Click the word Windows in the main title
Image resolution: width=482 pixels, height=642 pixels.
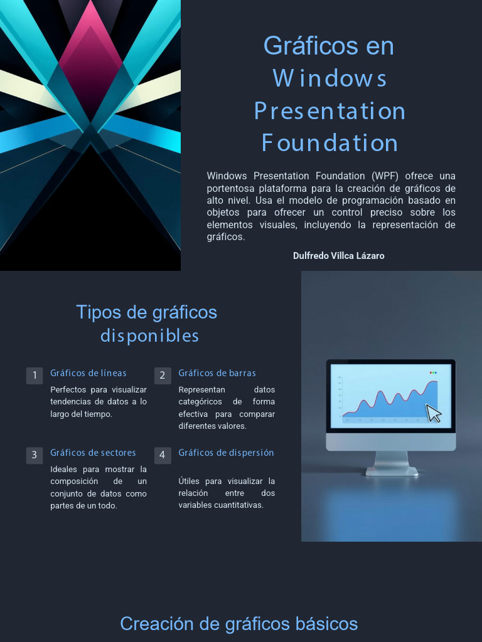tap(329, 78)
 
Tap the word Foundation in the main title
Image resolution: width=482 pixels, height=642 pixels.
tap(329, 143)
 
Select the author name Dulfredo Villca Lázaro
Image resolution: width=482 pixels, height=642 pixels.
tap(338, 256)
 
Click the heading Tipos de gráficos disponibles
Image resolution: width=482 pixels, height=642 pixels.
tap(147, 324)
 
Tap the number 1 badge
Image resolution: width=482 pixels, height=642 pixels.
tap(35, 376)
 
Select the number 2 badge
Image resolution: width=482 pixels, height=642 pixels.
tap(163, 376)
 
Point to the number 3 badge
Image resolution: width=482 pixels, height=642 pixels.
tap(35, 455)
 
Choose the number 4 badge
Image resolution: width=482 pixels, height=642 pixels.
tap(163, 455)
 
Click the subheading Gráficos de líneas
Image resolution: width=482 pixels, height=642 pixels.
tap(88, 373)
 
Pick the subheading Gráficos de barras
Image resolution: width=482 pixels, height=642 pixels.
tap(217, 373)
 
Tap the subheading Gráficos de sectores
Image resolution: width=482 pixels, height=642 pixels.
tap(93, 453)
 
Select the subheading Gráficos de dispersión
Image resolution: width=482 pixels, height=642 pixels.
tap(226, 453)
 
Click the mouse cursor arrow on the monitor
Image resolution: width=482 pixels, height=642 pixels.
tap(433, 414)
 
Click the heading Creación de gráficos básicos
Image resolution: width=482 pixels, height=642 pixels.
tap(238, 624)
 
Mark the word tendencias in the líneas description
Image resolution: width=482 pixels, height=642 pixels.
tap(71, 402)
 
